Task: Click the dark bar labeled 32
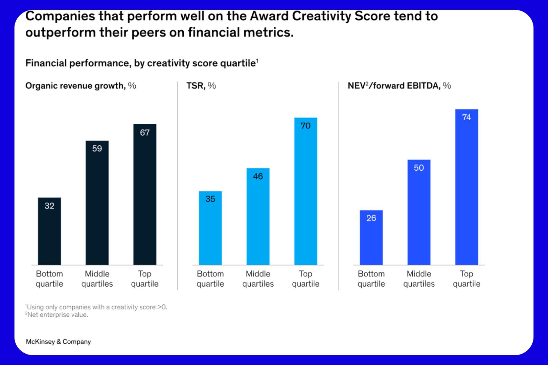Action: (x=49, y=231)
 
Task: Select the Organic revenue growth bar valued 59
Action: (x=97, y=203)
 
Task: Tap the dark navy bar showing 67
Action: (x=145, y=194)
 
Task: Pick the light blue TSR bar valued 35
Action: (x=210, y=228)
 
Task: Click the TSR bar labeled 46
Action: (x=258, y=216)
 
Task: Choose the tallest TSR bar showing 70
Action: (x=306, y=191)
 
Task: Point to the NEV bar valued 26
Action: (x=371, y=237)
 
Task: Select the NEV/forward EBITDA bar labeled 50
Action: (x=419, y=212)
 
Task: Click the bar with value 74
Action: (x=466, y=187)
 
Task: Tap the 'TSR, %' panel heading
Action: (x=201, y=86)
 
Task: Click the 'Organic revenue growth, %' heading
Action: (x=81, y=86)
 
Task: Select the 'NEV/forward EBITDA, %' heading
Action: (x=399, y=86)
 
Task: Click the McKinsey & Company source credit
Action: (x=58, y=342)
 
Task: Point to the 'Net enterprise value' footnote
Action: (x=56, y=315)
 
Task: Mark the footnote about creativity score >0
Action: (x=96, y=307)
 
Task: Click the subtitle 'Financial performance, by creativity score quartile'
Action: (x=142, y=63)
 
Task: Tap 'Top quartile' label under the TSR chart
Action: (x=306, y=279)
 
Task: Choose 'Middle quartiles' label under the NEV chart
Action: (x=419, y=279)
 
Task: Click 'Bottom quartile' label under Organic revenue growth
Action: (x=49, y=279)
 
